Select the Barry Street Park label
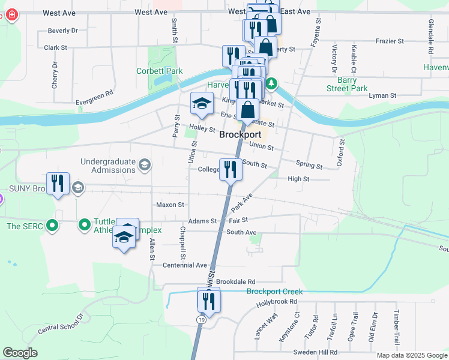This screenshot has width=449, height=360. pyautogui.click(x=343, y=84)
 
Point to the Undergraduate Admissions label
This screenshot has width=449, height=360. pyautogui.click(x=108, y=166)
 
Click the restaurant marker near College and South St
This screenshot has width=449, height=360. pyautogui.click(x=231, y=170)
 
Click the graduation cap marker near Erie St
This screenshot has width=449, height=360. pyautogui.click(x=202, y=105)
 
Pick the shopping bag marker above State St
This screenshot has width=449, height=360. pyautogui.click(x=247, y=111)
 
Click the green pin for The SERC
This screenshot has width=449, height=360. pyautogui.click(x=52, y=226)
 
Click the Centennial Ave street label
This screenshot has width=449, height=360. pyautogui.click(x=184, y=265)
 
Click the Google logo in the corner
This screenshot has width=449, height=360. pyautogui.click(x=20, y=353)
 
